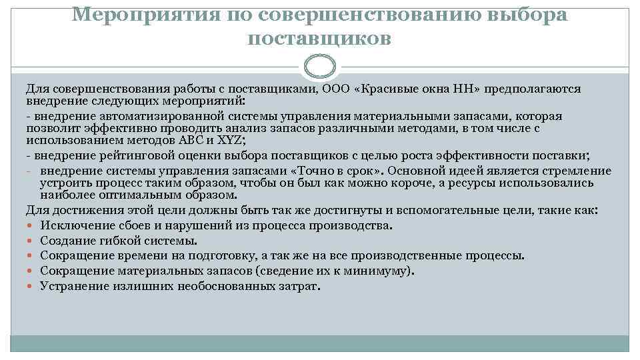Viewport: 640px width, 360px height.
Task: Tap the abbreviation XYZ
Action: (232, 141)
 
